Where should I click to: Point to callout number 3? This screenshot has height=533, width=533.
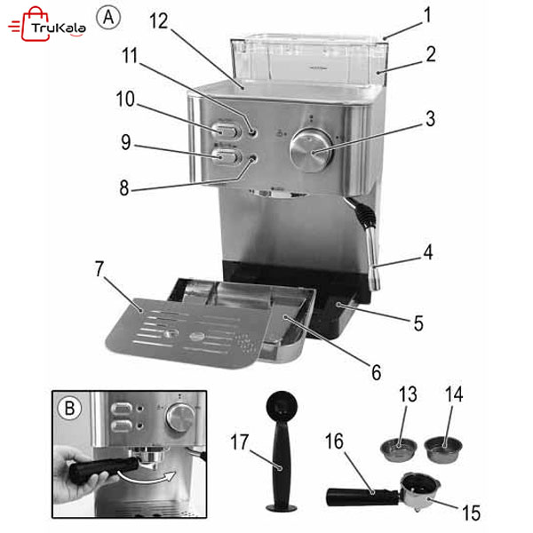coord(429,115)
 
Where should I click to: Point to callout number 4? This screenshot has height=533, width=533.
coord(428,252)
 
